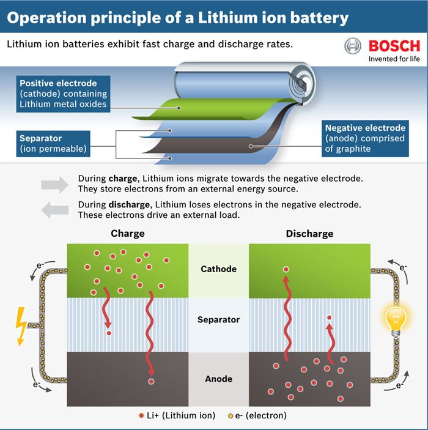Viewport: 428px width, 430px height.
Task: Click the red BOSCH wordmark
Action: pyautogui.click(x=394, y=46)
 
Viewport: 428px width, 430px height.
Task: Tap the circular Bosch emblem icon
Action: pyautogui.click(x=353, y=46)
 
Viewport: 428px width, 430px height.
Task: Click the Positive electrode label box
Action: pyautogui.click(x=63, y=94)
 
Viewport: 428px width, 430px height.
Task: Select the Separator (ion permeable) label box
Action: pyautogui.click(x=53, y=144)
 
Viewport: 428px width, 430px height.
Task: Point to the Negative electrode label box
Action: pyautogui.click(x=365, y=138)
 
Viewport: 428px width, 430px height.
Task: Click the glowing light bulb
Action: pyautogui.click(x=396, y=322)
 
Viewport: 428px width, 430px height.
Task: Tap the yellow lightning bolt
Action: pyautogui.click(x=21, y=326)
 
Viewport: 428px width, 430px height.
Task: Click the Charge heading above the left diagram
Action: pyautogui.click(x=128, y=234)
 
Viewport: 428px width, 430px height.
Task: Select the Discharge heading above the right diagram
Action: pyautogui.click(x=309, y=234)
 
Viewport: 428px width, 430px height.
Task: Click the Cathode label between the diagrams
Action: pyautogui.click(x=218, y=269)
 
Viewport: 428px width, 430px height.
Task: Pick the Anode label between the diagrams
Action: pyautogui.click(x=218, y=379)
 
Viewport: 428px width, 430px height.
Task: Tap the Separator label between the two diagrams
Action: pyautogui.click(x=218, y=320)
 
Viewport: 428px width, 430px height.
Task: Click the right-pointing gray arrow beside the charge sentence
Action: pyautogui.click(x=54, y=185)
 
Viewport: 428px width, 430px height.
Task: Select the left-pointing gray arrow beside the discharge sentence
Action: pyautogui.click(x=54, y=210)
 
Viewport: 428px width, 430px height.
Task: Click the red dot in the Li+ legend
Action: pyautogui.click(x=141, y=416)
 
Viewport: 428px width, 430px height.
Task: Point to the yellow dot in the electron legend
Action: pyautogui.click(x=231, y=416)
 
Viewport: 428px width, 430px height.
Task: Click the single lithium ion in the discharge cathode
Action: pyautogui.click(x=286, y=269)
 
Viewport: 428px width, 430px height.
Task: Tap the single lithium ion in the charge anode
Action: pyautogui.click(x=151, y=382)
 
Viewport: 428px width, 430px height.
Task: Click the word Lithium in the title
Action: pyautogui.click(x=227, y=18)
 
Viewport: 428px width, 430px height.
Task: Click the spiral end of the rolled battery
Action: pyautogui.click(x=301, y=83)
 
